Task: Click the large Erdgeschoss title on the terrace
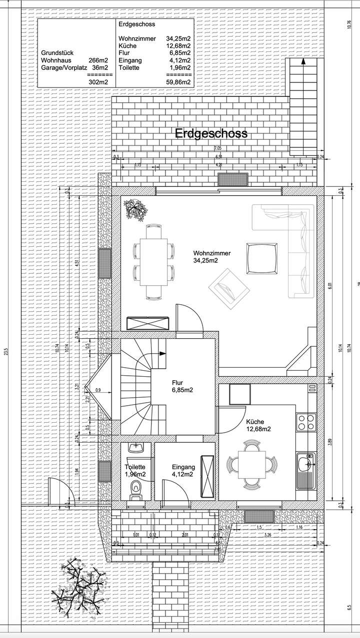[x=211, y=134]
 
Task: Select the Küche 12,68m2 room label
[x=258, y=425]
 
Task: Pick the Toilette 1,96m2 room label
[x=135, y=471]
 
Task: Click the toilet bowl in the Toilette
[x=135, y=488]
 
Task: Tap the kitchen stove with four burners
[x=305, y=422]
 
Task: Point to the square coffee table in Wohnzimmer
[x=261, y=258]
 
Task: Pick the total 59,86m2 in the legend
[x=178, y=82]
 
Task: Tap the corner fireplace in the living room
[x=302, y=357]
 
